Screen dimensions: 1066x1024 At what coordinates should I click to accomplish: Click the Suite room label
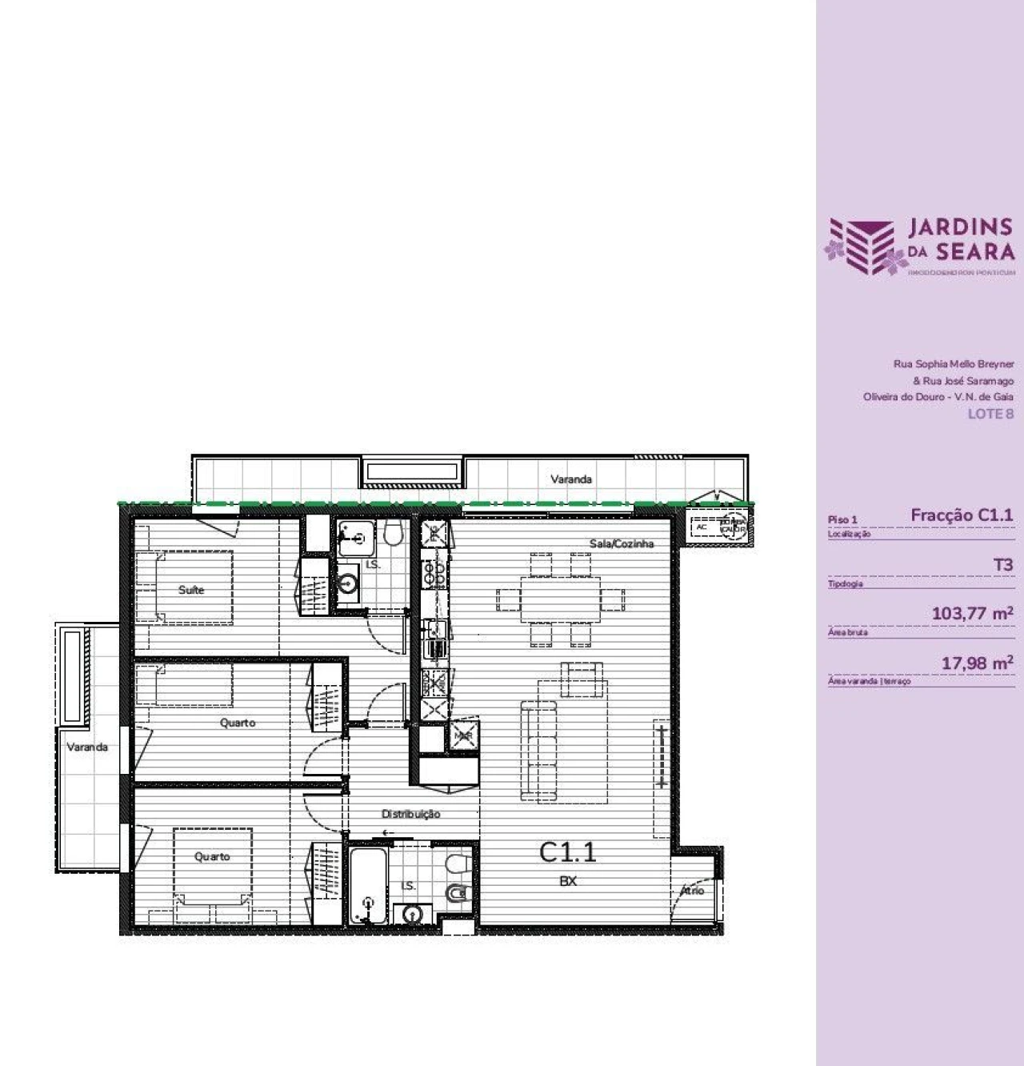(191, 590)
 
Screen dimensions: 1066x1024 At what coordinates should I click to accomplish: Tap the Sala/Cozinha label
(622, 543)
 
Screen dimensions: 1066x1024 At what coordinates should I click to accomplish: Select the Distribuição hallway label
(410, 814)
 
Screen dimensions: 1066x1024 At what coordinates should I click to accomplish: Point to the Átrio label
(692, 890)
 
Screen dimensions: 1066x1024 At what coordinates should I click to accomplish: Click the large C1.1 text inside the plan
(568, 852)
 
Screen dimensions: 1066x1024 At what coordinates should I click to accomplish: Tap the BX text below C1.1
(568, 881)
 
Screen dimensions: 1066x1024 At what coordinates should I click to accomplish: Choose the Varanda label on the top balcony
(571, 479)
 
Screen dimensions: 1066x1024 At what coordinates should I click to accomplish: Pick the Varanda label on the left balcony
(87, 747)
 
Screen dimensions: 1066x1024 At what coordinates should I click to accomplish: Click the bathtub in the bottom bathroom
(368, 885)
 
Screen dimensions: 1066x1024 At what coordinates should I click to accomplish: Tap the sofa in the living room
(538, 749)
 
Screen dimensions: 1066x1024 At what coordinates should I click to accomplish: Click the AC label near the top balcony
(702, 527)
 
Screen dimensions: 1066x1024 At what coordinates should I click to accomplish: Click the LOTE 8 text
(990, 414)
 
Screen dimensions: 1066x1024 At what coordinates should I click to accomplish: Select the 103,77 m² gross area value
(972, 614)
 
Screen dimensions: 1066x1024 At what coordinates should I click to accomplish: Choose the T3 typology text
(1003, 565)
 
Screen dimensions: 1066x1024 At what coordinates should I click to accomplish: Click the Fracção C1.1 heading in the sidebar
(962, 515)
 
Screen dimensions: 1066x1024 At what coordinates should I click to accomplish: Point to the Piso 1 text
(842, 519)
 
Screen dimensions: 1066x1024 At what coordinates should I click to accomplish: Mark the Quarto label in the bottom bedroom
(212, 856)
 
